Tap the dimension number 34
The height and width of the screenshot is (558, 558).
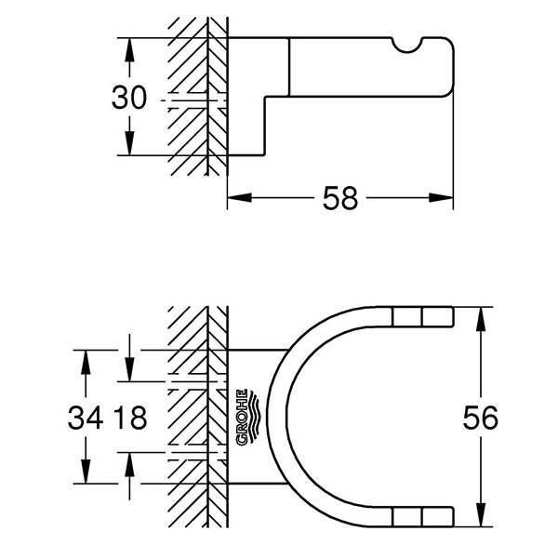[x=86, y=418]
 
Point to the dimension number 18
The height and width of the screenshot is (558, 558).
[x=130, y=418]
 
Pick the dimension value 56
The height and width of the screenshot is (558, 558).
[x=480, y=418]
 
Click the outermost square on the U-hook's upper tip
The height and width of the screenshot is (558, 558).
[x=433, y=317]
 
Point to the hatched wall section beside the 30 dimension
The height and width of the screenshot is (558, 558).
[x=197, y=98]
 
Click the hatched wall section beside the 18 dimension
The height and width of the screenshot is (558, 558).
[x=197, y=418]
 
